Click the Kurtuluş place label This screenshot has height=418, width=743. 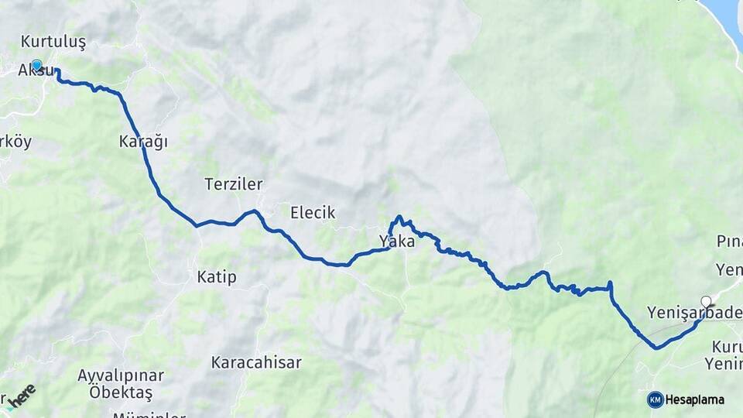pos(53,41)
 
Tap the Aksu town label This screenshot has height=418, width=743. pos(36,70)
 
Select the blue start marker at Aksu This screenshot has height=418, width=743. pos(36,65)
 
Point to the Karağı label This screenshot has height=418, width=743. pos(143,142)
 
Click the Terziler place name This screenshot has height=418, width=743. pos(234,184)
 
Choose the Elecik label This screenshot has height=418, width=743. pos(313,212)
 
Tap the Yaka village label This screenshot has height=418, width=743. pos(397,242)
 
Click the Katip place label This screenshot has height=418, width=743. pos(217,276)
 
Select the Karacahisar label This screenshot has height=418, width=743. pos(256,362)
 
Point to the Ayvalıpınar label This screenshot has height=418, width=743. pos(121,375)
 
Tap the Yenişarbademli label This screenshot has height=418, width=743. pos(694,313)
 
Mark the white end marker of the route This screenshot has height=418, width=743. pos(706,301)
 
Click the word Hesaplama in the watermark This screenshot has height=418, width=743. pos(694,400)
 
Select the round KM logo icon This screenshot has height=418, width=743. pos(655,400)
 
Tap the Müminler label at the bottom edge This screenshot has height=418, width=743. pos(149,413)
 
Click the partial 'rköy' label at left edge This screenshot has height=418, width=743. pos(15,142)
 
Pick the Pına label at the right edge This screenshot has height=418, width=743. pos(729,242)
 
